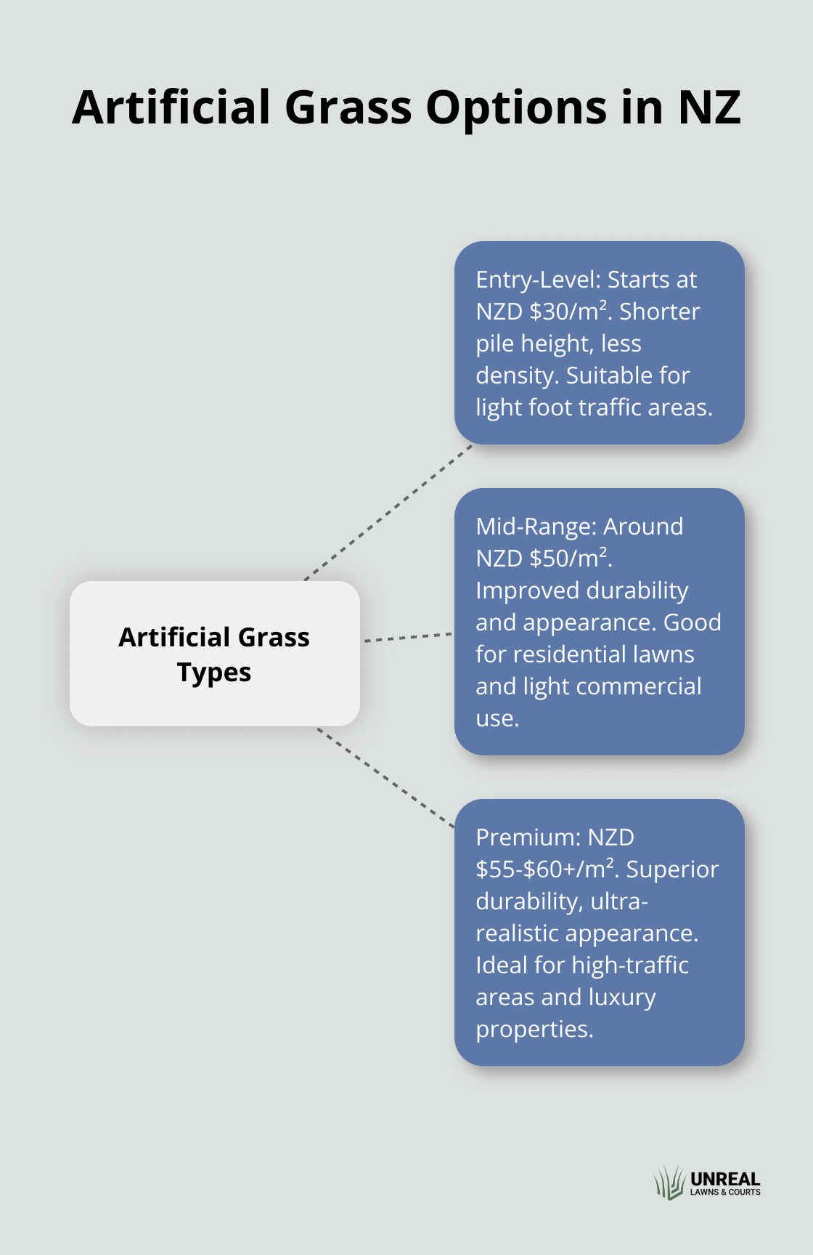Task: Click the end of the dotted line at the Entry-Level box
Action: tap(472, 444)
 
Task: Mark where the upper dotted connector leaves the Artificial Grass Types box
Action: tap(305, 580)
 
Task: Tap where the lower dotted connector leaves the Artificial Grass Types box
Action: tap(317, 728)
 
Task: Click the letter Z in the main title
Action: tap(726, 107)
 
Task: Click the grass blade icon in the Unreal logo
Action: tap(669, 1182)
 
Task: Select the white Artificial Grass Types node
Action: tap(215, 654)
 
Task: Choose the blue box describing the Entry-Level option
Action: tap(600, 343)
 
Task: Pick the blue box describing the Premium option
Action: tap(600, 933)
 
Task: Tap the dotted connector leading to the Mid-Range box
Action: tap(408, 637)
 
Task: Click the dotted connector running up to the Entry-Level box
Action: tap(388, 512)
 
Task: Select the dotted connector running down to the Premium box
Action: tap(385, 777)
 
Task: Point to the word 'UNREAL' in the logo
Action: tap(725, 1179)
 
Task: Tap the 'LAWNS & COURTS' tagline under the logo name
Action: tap(725, 1192)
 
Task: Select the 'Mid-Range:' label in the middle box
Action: tap(536, 527)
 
